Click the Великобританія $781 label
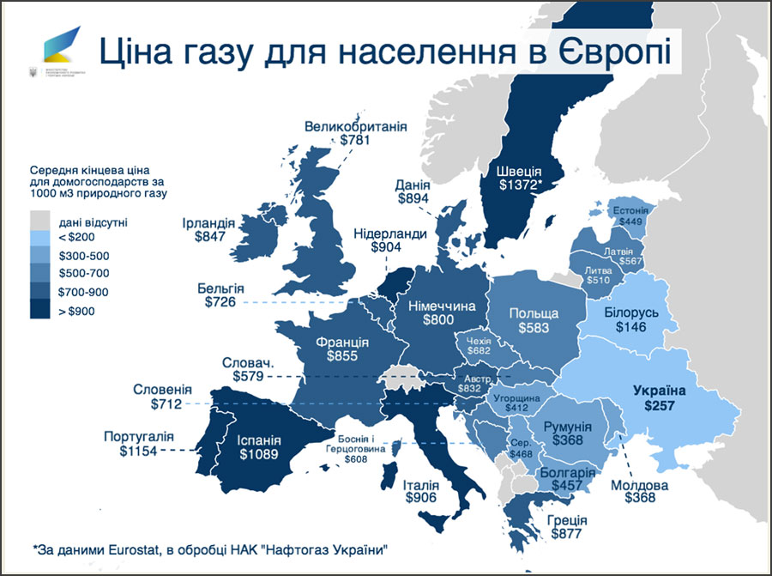(x=355, y=133)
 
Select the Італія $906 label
(x=420, y=490)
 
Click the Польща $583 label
(x=534, y=321)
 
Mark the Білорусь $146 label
(x=631, y=319)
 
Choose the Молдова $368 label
(x=640, y=490)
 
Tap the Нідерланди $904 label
(x=389, y=239)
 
